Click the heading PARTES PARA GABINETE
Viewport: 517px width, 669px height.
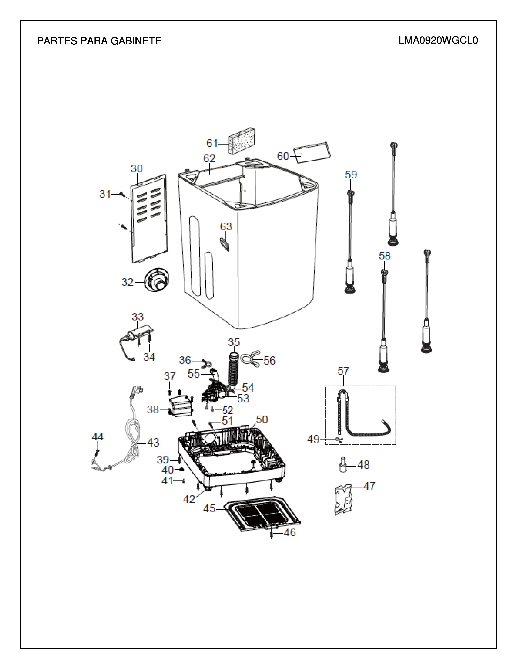point(99,41)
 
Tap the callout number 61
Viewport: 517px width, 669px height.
point(212,143)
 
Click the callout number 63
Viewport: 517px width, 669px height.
point(226,227)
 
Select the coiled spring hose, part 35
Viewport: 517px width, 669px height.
point(234,371)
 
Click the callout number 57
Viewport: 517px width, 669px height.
point(343,371)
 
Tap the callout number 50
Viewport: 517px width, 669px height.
point(262,419)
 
